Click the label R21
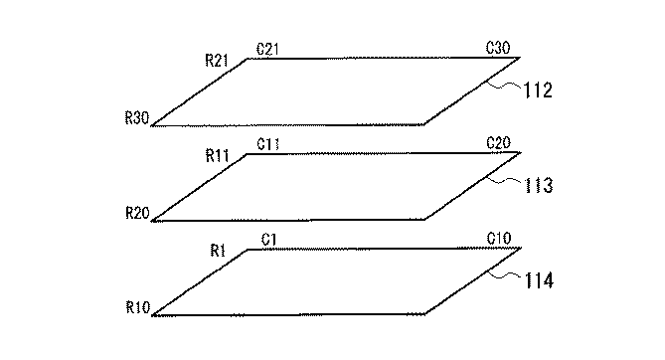pos(218,61)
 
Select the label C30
pos(499,48)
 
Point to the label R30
pos(137,118)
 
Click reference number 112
pos(535,91)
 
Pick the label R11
pos(218,156)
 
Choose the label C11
pos(267,143)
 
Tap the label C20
pos(499,143)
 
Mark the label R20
pos(137,213)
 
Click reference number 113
pos(535,186)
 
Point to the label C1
pos(268,239)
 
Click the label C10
pos(499,239)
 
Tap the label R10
pos(137,308)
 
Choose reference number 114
pos(535,281)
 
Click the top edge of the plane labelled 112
pos(378,59)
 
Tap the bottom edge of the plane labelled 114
pos(288,314)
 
